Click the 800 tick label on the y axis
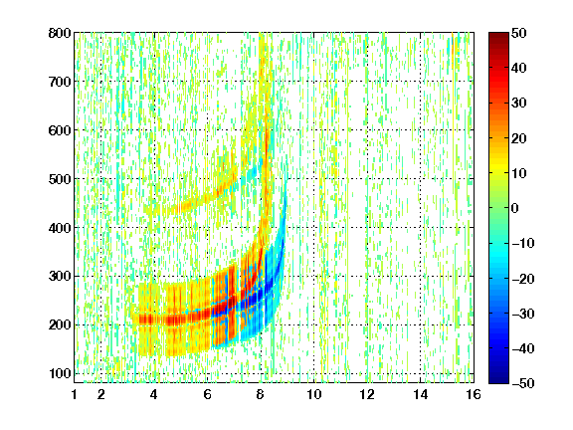coord(60,33)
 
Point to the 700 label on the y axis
coord(60,82)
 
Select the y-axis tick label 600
coord(60,130)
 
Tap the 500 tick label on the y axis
coord(60,179)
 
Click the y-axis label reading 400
coord(60,228)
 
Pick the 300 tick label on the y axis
coord(60,276)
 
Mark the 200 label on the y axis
coord(60,324)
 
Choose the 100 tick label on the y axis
coord(60,373)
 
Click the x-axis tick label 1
coord(75,394)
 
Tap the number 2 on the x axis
coord(100,394)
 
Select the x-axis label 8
coord(261,394)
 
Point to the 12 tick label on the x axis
coord(367,394)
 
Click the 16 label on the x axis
coord(474,394)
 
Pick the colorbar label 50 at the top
coord(518,33)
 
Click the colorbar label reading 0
coord(515,208)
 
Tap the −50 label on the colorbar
coord(522,383)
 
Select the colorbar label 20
coord(518,138)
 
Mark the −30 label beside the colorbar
coord(522,314)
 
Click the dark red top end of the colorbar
coord(498,36)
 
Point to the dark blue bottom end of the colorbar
coord(498,380)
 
